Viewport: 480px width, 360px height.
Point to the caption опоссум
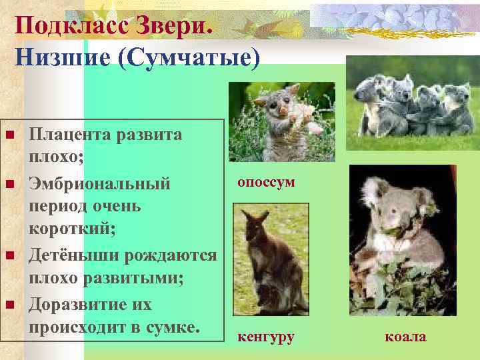(x=266, y=182)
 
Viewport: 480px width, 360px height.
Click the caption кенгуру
(x=266, y=337)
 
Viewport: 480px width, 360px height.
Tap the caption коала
(x=405, y=337)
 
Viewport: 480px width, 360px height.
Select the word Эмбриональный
(x=99, y=183)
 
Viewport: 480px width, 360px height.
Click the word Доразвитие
(x=81, y=305)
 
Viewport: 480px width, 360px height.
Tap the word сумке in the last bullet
(x=175, y=328)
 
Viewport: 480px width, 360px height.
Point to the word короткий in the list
(x=71, y=230)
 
